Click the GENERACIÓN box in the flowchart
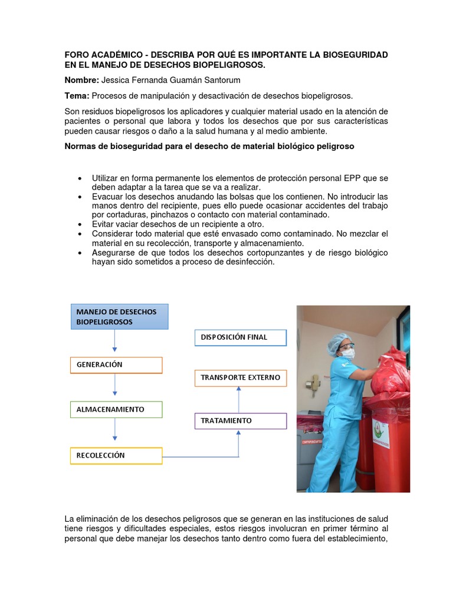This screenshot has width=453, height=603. pos(116,365)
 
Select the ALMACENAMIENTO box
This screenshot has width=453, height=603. pos(116,409)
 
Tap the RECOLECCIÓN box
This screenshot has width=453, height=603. pos(116,456)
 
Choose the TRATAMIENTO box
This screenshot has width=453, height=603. pos(240,421)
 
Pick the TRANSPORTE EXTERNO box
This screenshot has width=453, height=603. pos(240,377)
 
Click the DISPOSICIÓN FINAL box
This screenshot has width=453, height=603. pos(240,337)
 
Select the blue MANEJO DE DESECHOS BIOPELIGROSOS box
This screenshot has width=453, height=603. pos(120,317)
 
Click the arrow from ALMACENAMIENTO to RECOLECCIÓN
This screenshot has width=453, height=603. pos(115,430)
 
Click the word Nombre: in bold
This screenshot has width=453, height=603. pos(81,80)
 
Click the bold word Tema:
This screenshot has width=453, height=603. pos(77,96)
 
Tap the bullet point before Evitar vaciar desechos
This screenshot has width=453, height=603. pos(79,225)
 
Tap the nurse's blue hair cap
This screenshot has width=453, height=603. pos(338,340)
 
